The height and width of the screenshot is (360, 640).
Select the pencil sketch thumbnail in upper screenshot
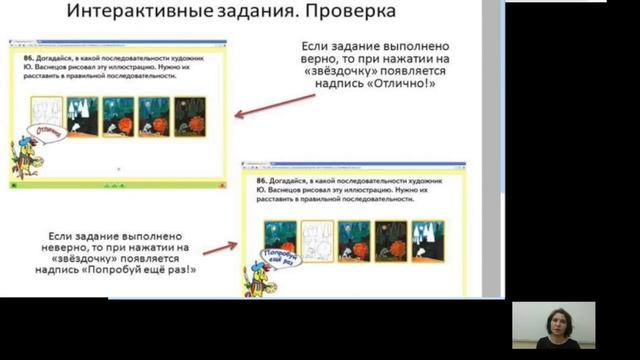tap(46, 114)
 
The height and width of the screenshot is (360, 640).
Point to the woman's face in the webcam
tap(553, 320)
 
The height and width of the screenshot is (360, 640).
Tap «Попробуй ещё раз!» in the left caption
tap(144, 268)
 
